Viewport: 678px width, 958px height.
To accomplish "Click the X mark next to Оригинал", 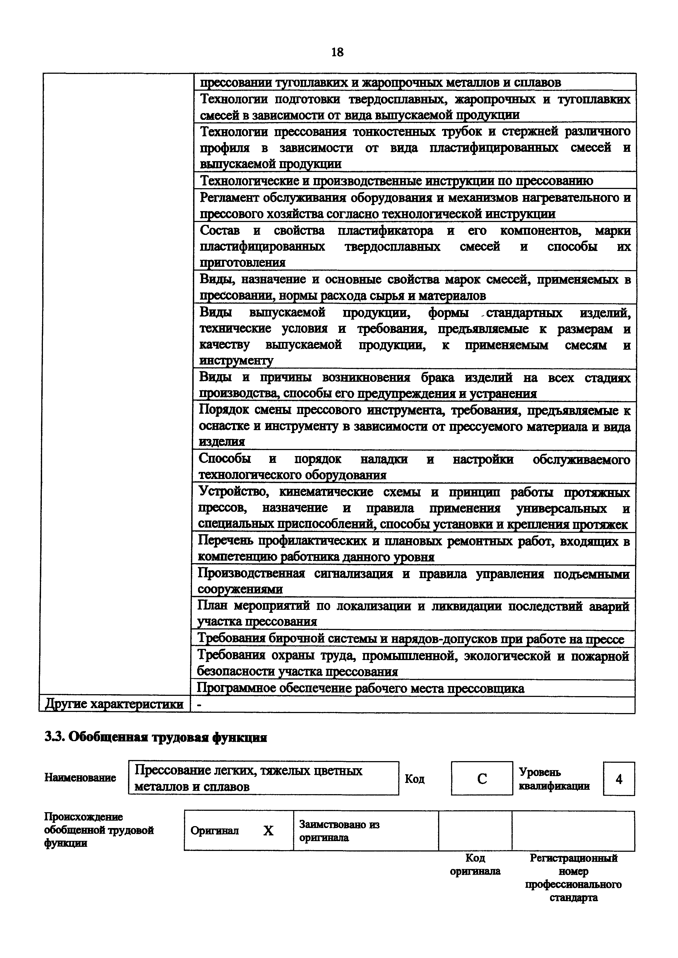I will tap(268, 831).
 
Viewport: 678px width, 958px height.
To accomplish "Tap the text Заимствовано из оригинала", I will tap(339, 831).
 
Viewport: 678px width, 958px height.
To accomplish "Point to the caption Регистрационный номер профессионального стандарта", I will tap(573, 877).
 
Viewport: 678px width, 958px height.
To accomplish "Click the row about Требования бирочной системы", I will tap(410, 639).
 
